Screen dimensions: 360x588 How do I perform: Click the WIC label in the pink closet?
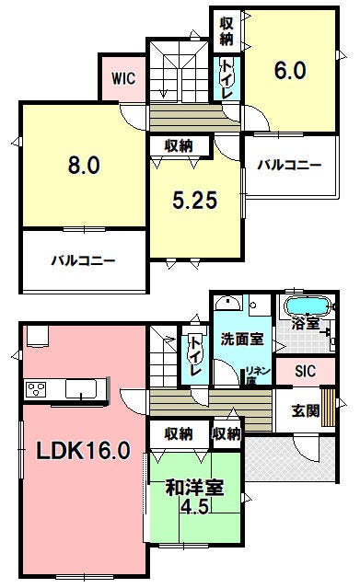coord(123,79)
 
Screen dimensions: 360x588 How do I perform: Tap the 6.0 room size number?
coord(290,71)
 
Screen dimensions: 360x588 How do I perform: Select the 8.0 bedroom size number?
coord(84,165)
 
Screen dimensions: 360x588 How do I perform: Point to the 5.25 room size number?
coord(195,200)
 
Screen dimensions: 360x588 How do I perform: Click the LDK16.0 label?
coord(83,450)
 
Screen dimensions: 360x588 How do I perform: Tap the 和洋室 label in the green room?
coord(195,488)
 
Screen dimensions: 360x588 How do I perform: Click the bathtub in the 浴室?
coord(308,306)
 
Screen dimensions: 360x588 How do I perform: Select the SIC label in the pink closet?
coord(305,371)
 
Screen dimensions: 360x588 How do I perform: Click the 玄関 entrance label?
coord(306,411)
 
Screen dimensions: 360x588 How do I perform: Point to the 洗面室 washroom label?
coord(242,339)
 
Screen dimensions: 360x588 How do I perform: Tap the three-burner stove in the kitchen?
coord(36,389)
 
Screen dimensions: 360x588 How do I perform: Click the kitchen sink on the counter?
coord(81,388)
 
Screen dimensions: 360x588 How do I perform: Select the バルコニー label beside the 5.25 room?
coord(289,165)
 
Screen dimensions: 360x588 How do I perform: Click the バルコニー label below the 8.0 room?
coord(83,260)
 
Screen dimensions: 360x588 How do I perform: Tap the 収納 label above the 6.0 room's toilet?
coord(226,31)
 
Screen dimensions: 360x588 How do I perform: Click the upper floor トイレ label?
coord(226,79)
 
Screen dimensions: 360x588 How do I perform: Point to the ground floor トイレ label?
coord(195,356)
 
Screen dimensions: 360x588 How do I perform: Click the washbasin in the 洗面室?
coord(227,303)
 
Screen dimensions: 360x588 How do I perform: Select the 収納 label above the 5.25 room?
coord(179,146)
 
